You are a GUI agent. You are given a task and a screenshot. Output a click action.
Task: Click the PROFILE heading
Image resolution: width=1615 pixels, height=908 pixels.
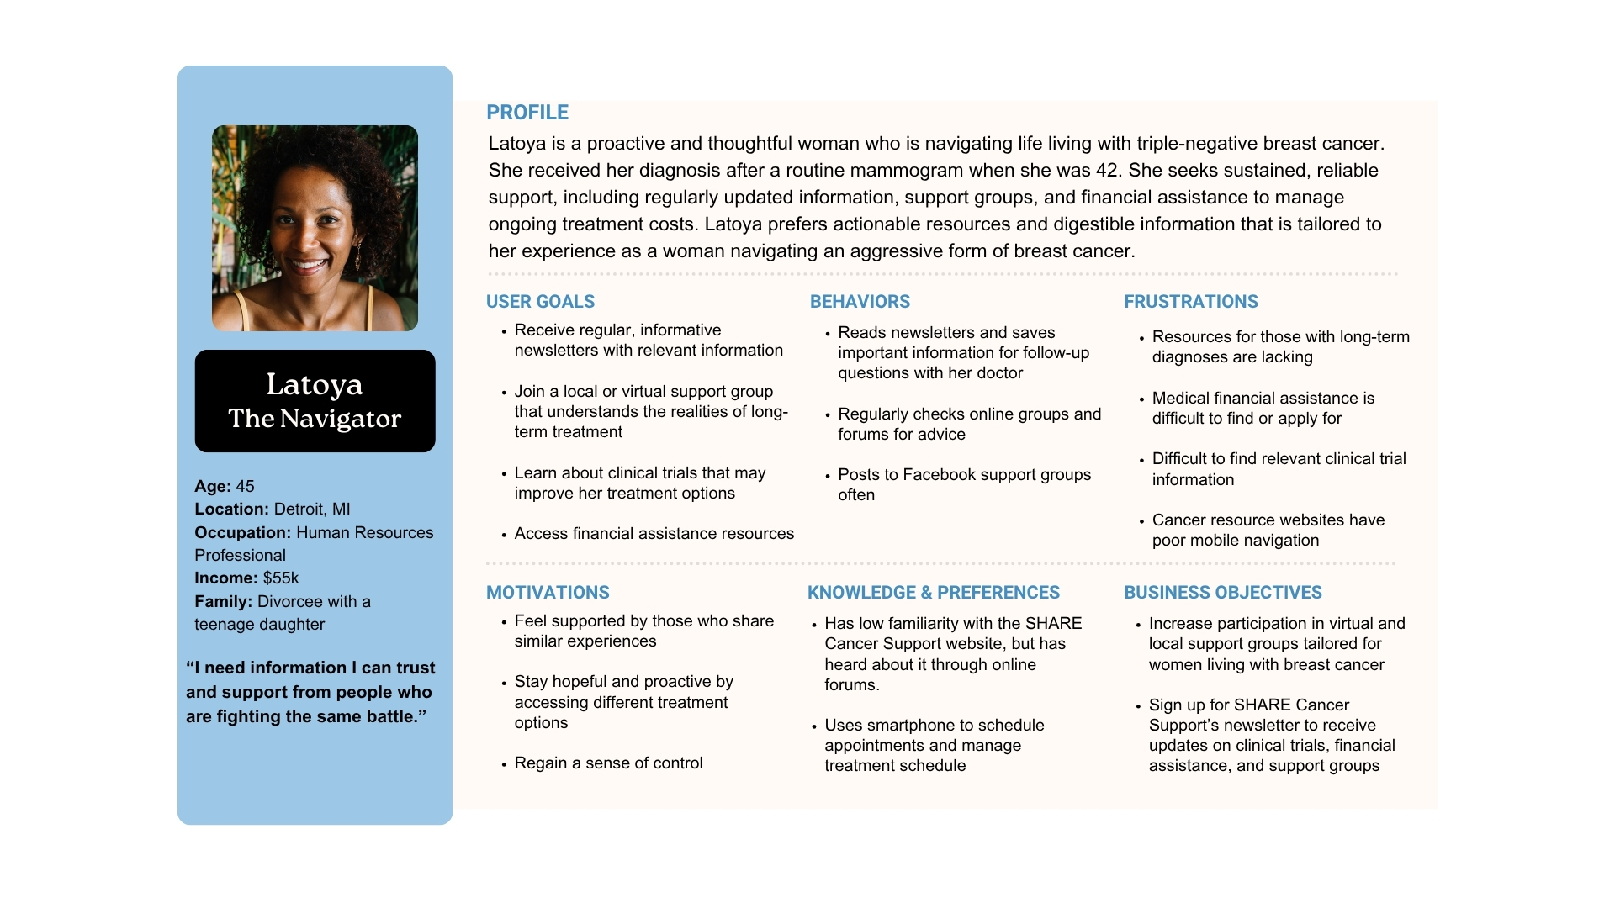(527, 113)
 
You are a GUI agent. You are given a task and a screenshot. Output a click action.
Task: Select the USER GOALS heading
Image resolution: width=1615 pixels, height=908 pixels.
(540, 302)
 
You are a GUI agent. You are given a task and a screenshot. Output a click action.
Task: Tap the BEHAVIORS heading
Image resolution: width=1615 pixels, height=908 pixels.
(860, 302)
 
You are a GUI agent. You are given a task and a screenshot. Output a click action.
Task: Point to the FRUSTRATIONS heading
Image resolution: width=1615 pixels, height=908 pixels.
(1190, 302)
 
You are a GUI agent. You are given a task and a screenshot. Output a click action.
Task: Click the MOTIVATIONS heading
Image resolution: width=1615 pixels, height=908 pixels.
(548, 593)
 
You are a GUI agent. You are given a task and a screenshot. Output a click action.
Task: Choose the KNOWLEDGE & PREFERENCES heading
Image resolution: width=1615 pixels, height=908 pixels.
(933, 593)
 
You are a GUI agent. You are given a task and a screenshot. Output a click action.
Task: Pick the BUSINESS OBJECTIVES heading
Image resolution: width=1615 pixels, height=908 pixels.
(1222, 593)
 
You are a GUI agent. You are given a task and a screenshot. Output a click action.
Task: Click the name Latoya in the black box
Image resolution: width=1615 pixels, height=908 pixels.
(315, 384)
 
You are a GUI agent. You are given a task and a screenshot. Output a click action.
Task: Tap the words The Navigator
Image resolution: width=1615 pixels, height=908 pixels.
(315, 419)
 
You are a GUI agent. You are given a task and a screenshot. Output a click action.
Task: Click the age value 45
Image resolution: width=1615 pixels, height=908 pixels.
(245, 487)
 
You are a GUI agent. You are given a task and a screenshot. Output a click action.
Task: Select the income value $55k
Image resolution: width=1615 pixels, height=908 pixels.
(281, 578)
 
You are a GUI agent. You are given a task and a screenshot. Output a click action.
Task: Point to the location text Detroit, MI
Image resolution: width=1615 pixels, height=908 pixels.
(312, 509)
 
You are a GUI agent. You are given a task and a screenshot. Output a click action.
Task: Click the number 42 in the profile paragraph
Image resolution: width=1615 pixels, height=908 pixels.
(1106, 171)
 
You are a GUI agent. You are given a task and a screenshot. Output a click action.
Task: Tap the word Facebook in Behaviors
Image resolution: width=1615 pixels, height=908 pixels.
(938, 475)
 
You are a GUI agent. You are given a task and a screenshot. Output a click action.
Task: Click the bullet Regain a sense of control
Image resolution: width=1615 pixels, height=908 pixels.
(608, 763)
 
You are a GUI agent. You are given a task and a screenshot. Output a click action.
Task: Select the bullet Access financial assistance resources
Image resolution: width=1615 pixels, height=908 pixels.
(654, 534)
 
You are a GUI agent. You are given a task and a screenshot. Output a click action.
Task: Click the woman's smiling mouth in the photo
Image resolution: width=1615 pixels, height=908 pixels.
(310, 267)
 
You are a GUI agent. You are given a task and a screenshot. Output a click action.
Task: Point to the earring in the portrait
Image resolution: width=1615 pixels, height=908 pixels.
(357, 253)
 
